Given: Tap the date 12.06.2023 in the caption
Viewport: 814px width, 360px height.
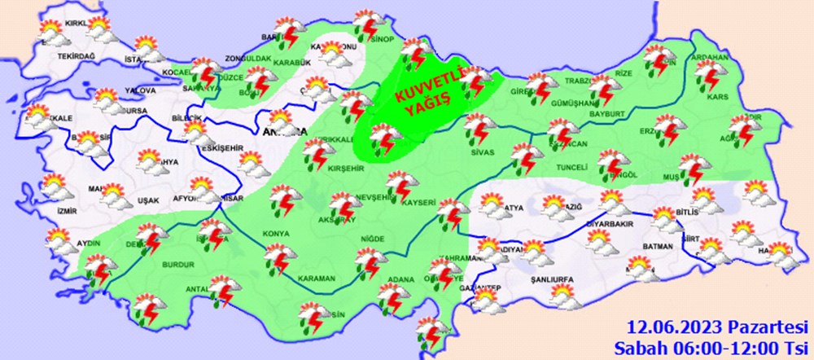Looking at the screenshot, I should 672,327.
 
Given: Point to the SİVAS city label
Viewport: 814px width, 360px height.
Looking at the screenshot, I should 483,151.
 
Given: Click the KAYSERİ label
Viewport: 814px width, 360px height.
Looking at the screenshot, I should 422,201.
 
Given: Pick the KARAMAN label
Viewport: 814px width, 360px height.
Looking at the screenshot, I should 317,279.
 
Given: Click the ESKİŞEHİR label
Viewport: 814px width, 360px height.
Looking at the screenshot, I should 217,149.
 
